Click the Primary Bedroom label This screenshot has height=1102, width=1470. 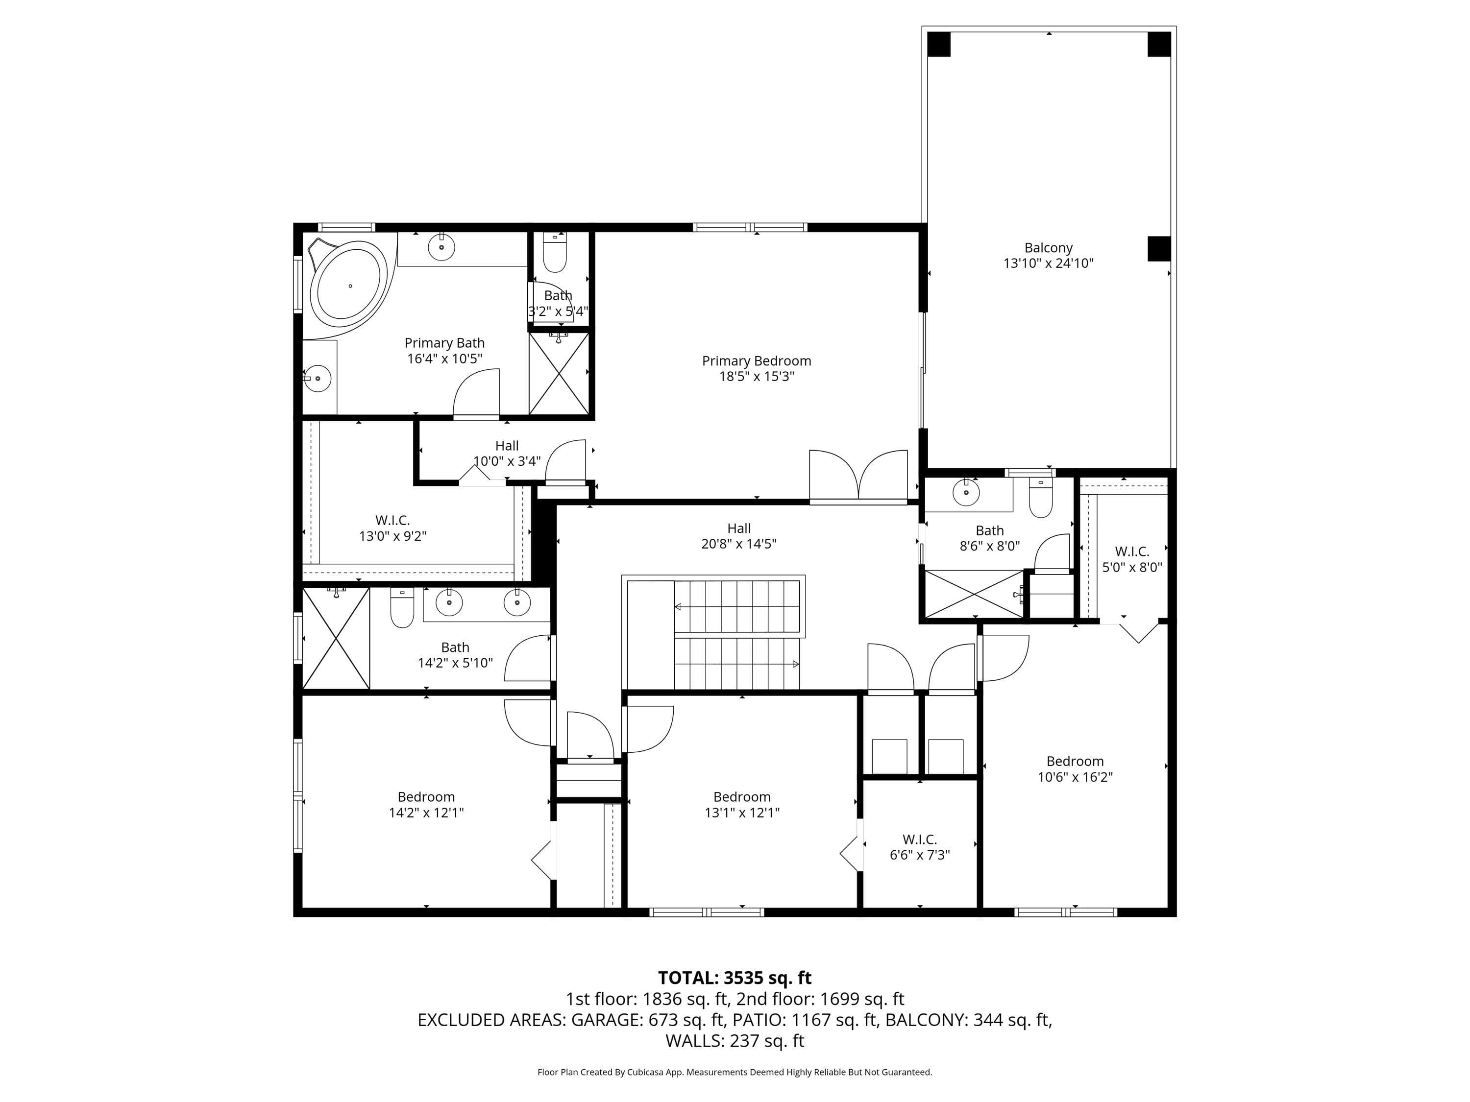coord(756,360)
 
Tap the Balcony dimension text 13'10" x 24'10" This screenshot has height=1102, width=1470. coord(1048,263)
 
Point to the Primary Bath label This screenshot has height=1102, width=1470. coord(444,343)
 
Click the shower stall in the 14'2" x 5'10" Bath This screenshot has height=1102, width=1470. coord(336,638)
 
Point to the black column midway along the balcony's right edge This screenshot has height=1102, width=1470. coord(1158,248)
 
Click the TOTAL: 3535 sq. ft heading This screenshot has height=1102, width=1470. coord(735,978)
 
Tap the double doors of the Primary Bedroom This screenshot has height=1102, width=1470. coord(858,475)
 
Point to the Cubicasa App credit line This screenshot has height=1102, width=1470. coord(735,1072)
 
